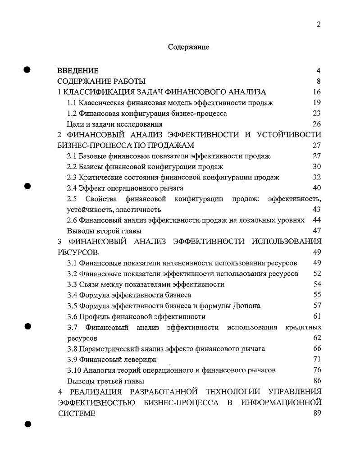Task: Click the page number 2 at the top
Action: tap(319, 24)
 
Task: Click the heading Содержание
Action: tap(188, 47)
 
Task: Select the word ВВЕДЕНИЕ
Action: tap(77, 71)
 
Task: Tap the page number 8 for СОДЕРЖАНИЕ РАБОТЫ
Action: tap(318, 82)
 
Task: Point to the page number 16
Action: tap(317, 92)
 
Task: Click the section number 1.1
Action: tap(72, 103)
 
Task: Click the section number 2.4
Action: tap(72, 188)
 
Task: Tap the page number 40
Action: tap(317, 188)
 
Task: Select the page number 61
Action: tap(317, 316)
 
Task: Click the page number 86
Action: tap(317, 381)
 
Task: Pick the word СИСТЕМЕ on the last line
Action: tap(77, 414)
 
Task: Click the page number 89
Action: tap(317, 414)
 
